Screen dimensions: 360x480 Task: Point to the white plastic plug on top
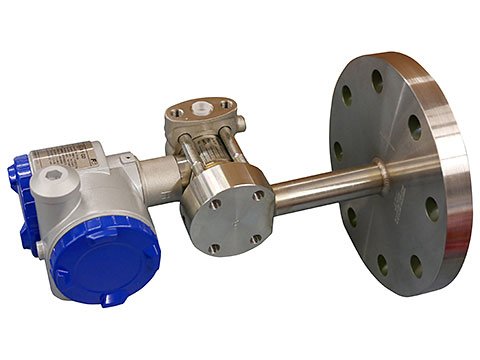[x=201, y=103]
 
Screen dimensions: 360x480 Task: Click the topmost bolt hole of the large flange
[x=378, y=76]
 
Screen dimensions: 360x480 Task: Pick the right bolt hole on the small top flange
[x=226, y=103]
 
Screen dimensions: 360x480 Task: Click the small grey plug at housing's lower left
[x=38, y=245]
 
